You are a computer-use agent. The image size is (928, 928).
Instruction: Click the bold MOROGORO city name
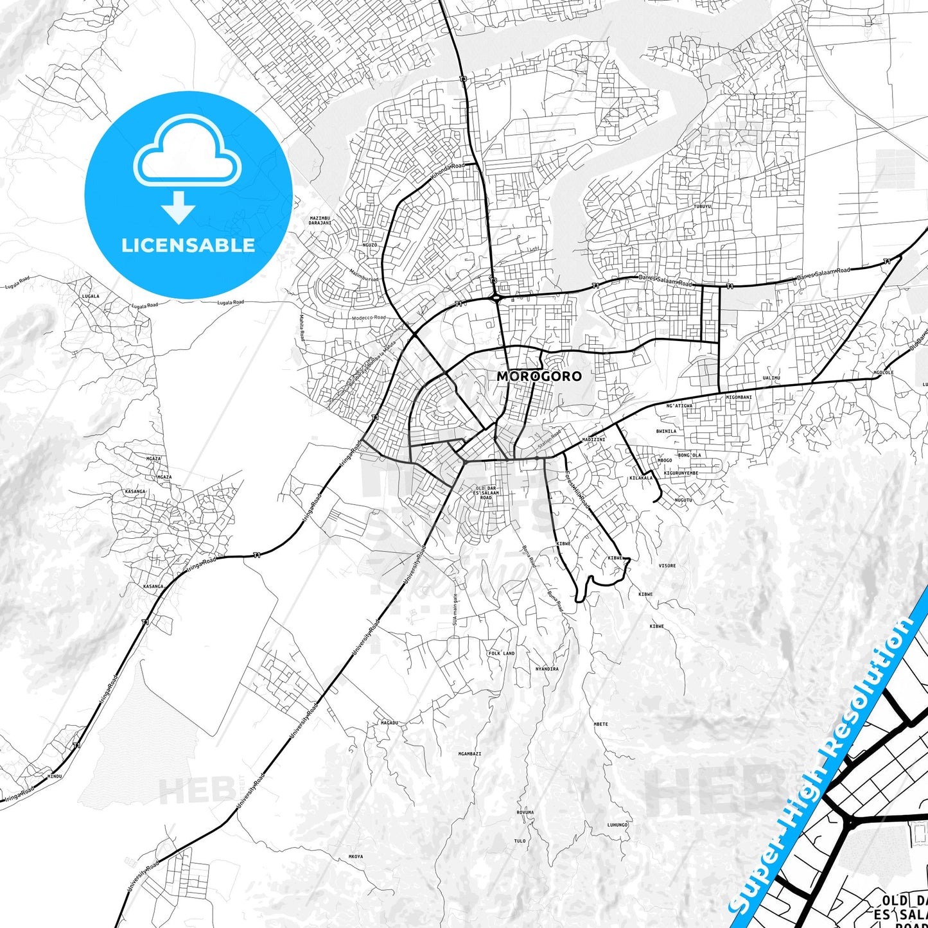(539, 376)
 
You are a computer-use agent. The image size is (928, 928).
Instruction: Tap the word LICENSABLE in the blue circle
(188, 245)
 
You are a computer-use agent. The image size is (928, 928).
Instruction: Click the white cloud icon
(187, 152)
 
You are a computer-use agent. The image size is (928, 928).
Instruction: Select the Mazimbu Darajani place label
(320, 220)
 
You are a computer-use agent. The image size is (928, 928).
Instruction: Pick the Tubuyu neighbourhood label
(703, 206)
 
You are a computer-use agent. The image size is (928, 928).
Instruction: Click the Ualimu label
(771, 378)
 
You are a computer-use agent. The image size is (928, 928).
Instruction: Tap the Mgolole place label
(884, 372)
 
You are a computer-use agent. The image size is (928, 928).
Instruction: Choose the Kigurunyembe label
(681, 473)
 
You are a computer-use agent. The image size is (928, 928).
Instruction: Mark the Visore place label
(667, 566)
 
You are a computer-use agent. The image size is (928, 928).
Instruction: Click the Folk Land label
(502, 653)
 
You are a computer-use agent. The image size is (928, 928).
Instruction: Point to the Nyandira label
(547, 669)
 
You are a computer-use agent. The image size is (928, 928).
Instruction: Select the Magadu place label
(390, 722)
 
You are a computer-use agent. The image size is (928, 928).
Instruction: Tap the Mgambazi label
(469, 753)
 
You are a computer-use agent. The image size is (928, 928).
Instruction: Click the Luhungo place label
(617, 825)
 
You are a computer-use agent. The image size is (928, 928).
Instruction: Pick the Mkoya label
(356, 856)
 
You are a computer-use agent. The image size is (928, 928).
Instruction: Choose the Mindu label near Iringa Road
(55, 776)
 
